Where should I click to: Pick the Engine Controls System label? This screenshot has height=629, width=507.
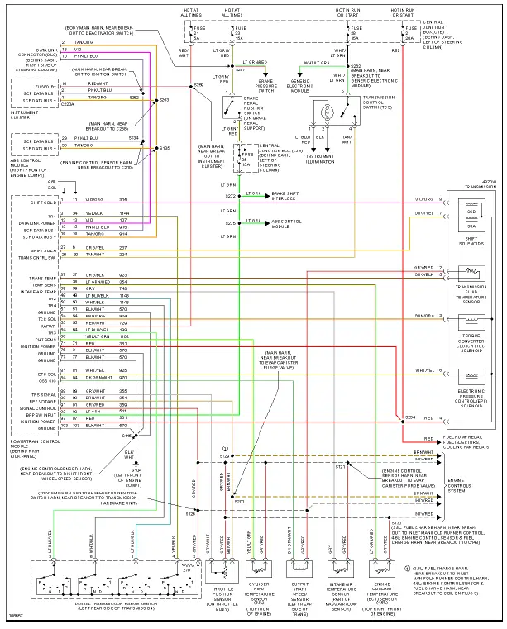(467, 486)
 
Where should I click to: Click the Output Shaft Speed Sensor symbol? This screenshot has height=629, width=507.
(301, 568)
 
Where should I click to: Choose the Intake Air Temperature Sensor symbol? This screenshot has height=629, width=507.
(342, 568)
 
